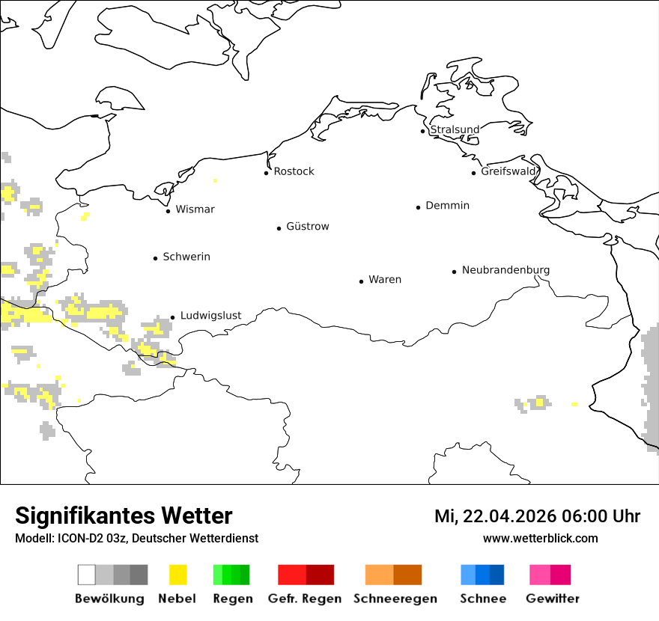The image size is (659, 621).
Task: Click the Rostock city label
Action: click(x=294, y=171)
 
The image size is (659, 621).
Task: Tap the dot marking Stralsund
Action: click(x=423, y=131)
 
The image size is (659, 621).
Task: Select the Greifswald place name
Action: click(x=509, y=171)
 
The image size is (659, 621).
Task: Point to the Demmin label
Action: click(x=447, y=206)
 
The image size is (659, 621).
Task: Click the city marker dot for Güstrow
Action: click(x=279, y=228)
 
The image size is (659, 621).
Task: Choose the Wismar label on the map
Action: click(x=195, y=209)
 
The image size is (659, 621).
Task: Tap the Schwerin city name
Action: click(x=186, y=257)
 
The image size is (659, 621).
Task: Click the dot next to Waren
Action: click(x=362, y=281)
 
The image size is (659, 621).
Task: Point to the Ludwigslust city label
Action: click(x=210, y=316)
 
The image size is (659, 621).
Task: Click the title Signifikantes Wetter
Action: click(x=124, y=516)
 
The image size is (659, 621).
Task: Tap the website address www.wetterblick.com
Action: click(x=540, y=539)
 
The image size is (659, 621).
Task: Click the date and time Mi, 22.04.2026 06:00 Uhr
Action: click(x=537, y=516)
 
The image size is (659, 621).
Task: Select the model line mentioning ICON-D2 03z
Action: click(x=136, y=539)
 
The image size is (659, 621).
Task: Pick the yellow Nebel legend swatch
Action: click(x=178, y=575)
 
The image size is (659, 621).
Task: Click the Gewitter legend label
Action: click(x=553, y=599)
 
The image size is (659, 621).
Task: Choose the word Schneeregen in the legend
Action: click(x=395, y=599)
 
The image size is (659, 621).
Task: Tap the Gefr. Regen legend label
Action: click(x=305, y=599)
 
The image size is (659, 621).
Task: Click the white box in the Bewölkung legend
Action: click(x=87, y=575)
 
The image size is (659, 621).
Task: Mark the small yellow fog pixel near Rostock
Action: click(x=215, y=180)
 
